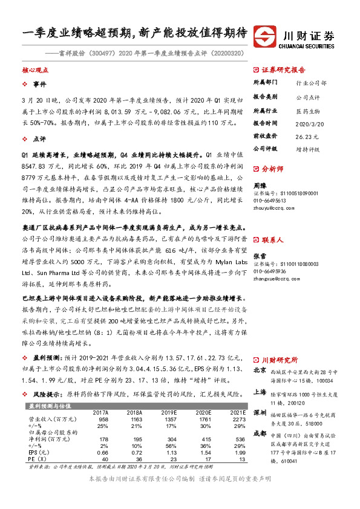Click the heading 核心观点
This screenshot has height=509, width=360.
(35, 70)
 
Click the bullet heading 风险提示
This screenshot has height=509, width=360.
(45, 393)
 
